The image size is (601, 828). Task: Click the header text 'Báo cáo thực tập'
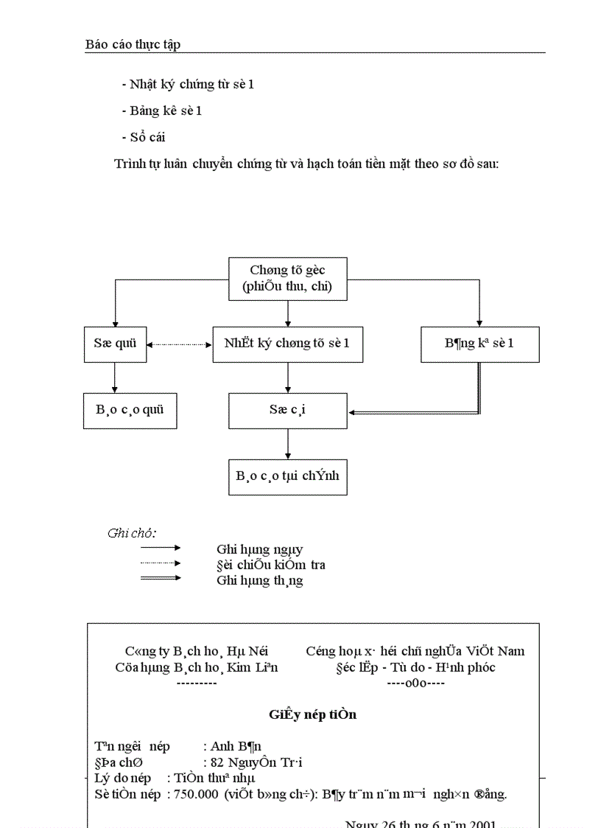[x=133, y=44]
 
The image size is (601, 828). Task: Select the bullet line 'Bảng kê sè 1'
[x=162, y=111]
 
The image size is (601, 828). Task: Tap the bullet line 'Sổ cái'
[x=144, y=137]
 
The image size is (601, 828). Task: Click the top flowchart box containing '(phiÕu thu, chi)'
[x=287, y=279]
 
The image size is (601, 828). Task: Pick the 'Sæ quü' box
[x=115, y=344]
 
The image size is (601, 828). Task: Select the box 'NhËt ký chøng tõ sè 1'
[x=287, y=344]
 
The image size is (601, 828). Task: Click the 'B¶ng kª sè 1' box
[x=479, y=344]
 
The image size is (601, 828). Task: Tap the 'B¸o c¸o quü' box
[x=130, y=411]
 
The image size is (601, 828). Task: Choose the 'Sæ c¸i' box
[x=287, y=411]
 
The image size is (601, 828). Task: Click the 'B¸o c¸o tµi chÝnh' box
[x=287, y=476]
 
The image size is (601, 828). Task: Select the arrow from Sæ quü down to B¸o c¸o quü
[x=115, y=378]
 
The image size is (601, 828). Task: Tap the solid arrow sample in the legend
[x=161, y=548]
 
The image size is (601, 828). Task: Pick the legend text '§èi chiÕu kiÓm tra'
[x=270, y=565]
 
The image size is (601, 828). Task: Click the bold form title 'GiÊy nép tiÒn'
[x=313, y=714]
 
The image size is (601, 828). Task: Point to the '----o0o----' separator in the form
[x=415, y=683]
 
